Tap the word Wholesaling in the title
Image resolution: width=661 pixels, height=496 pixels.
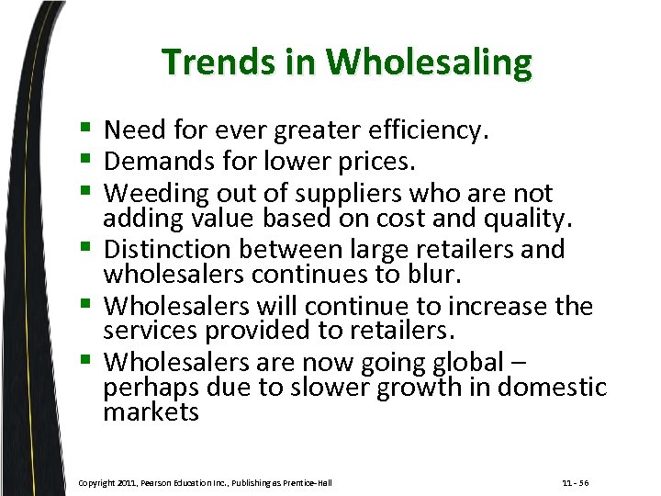pos(429,62)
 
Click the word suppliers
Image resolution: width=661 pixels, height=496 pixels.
pos(338,194)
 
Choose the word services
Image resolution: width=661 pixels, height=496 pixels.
pos(148,331)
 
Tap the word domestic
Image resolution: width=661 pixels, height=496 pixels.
pos(554,387)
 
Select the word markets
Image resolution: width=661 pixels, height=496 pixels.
pos(151,411)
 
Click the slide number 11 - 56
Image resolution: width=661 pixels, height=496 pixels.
pos(577,482)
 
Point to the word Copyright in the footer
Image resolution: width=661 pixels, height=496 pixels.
pos(99,482)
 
